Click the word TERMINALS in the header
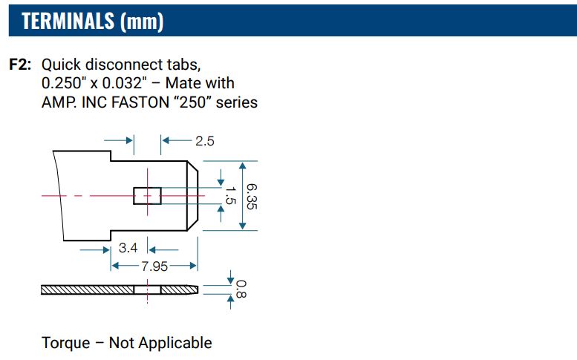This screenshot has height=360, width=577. tap(68, 21)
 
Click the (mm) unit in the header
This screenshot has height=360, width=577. tap(142, 22)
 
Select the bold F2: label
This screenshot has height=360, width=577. tap(20, 65)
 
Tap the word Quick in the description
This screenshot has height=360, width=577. tap(61, 65)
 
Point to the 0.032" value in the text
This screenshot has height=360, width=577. tap(123, 83)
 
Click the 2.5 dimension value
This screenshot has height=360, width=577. tap(205, 141)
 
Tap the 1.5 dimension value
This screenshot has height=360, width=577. tap(230, 195)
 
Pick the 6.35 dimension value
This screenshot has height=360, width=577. tap(252, 197)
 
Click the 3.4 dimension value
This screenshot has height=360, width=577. tap(128, 248)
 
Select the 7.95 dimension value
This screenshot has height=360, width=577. tap(154, 266)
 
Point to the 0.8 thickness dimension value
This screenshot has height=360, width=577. tap(241, 289)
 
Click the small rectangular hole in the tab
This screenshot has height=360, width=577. tap(147, 196)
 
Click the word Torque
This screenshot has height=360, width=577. tap(66, 343)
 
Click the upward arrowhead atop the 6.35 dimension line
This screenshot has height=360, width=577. tap(243, 166)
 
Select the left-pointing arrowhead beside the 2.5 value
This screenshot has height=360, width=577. tap(166, 140)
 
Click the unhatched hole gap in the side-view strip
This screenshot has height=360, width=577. tap(147, 289)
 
